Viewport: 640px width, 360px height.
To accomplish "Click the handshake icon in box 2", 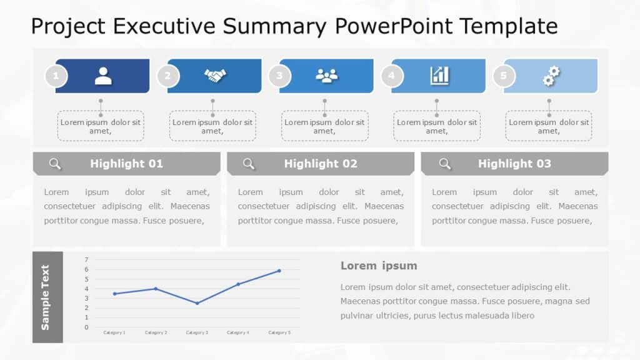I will [x=215, y=76].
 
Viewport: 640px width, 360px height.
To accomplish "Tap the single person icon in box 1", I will [x=103, y=76].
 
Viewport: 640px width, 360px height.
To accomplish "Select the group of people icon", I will [x=326, y=76].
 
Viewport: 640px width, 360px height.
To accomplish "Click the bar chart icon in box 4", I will [x=439, y=76].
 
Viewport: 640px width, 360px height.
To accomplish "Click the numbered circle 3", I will [x=279, y=77].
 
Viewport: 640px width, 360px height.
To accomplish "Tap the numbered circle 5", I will [x=504, y=77].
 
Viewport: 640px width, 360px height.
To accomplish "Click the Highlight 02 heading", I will [x=321, y=164].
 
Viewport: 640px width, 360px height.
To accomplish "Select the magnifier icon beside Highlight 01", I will [x=55, y=164].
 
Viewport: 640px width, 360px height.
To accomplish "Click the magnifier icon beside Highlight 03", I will [x=444, y=164].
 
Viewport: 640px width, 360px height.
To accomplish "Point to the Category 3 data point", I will [x=197, y=303].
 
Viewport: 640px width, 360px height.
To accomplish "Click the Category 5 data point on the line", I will [x=279, y=271].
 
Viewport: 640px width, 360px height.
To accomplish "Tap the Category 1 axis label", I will [x=114, y=332].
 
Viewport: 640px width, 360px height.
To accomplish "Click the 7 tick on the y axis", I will [x=86, y=259].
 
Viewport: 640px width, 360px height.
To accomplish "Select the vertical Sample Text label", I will [x=46, y=297].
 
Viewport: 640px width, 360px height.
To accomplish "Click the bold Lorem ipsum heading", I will [x=379, y=266].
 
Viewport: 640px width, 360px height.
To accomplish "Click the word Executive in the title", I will [x=166, y=26].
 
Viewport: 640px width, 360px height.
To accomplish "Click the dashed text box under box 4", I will [x=436, y=126].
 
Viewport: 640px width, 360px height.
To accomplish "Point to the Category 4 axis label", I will [x=237, y=332].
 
